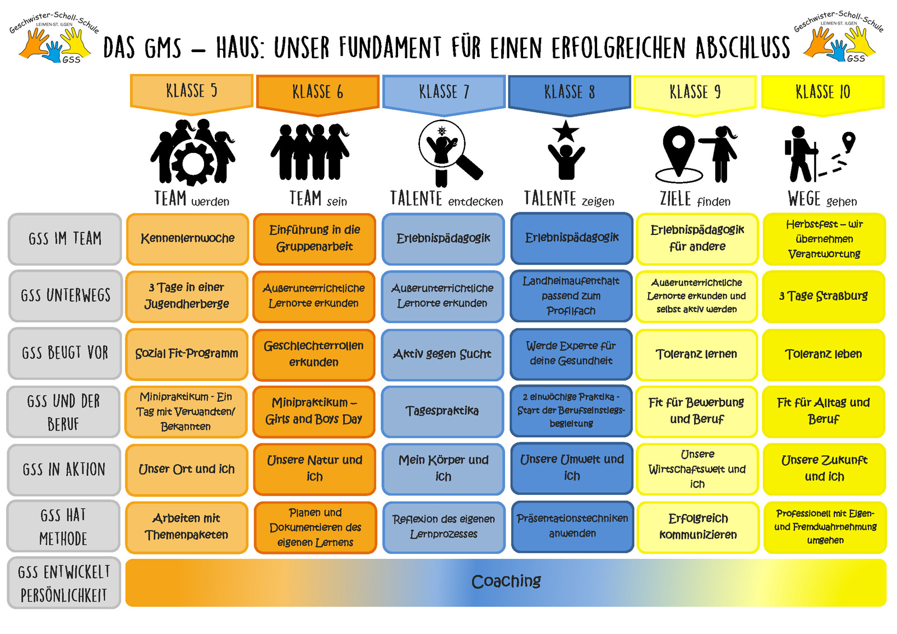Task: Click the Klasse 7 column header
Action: point(443,93)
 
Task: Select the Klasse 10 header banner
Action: point(823,93)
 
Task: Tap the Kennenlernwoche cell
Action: point(187,239)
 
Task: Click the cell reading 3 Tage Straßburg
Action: point(824,297)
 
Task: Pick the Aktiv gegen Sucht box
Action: point(442,354)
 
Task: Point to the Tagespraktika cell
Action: point(442,411)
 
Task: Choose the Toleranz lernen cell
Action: point(696,354)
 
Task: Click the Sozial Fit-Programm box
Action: point(187,354)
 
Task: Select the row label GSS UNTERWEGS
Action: point(65,296)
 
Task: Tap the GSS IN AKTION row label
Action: point(64,469)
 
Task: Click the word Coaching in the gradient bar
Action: point(506,581)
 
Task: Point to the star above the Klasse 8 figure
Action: point(566,131)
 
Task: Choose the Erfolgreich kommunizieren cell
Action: point(698,527)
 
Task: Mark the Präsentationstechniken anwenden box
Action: point(572,526)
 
